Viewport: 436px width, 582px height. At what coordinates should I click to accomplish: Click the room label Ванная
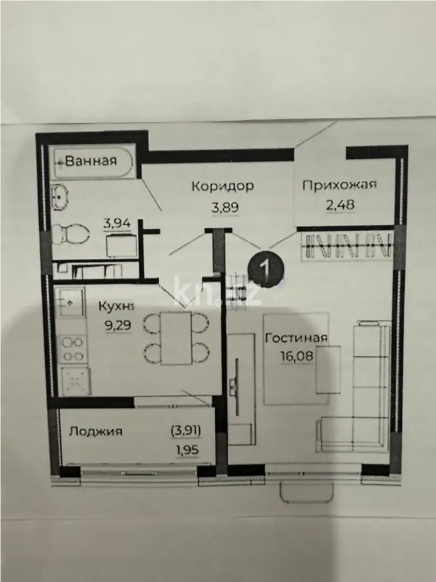pos(91,161)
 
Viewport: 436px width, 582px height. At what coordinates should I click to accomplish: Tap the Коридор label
pos(222,186)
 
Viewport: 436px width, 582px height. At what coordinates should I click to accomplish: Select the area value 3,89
pos(225,207)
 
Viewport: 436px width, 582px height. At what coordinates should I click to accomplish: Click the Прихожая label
pos(340,184)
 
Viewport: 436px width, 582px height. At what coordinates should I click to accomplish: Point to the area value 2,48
pos(340,204)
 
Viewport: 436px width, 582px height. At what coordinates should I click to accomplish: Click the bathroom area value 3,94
pos(117,224)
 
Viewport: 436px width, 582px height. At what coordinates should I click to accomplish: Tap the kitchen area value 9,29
pos(118,325)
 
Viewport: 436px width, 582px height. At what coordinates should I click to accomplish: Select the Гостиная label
pos(296,338)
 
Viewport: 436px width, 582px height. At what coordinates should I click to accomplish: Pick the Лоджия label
pos(96,431)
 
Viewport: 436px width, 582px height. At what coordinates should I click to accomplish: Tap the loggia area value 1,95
pos(187,450)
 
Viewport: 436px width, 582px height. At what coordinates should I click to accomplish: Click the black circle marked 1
pos(266,267)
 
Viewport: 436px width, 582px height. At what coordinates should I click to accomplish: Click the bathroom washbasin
pos(59,197)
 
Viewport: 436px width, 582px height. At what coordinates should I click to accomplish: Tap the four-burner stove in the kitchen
pos(72,349)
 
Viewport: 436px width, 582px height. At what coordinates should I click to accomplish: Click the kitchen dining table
pos(176,338)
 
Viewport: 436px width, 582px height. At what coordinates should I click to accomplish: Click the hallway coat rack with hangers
pos(348,246)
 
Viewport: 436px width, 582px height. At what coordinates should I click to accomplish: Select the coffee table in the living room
pos(328,369)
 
